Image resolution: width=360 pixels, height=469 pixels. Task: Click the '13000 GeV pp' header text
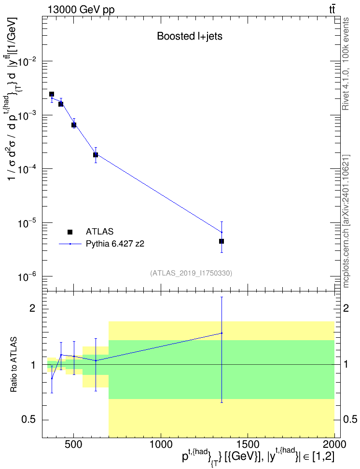[81, 10]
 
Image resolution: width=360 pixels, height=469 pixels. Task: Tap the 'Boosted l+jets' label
[190, 36]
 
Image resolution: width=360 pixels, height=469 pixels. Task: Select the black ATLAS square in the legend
[70, 232]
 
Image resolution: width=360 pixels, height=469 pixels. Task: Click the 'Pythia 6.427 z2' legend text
[115, 244]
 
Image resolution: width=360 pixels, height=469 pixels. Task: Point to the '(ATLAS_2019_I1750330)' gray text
[191, 273]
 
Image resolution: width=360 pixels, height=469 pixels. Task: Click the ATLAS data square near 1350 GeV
[222, 241]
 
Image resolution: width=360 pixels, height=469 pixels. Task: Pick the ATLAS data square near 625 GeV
[96, 154]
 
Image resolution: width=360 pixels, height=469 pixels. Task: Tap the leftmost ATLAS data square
[52, 94]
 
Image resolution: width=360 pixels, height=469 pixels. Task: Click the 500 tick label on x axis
[74, 444]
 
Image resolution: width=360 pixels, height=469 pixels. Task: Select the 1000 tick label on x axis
[161, 444]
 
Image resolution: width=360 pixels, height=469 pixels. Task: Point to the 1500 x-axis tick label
[248, 444]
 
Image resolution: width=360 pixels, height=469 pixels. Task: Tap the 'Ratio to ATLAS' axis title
[14, 365]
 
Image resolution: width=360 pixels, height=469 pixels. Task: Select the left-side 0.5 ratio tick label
[29, 419]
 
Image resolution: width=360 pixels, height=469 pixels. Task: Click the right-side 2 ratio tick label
[346, 308]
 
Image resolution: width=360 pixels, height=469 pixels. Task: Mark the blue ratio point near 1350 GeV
[222, 333]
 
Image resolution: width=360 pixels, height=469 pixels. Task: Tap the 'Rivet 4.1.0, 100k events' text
[346, 64]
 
